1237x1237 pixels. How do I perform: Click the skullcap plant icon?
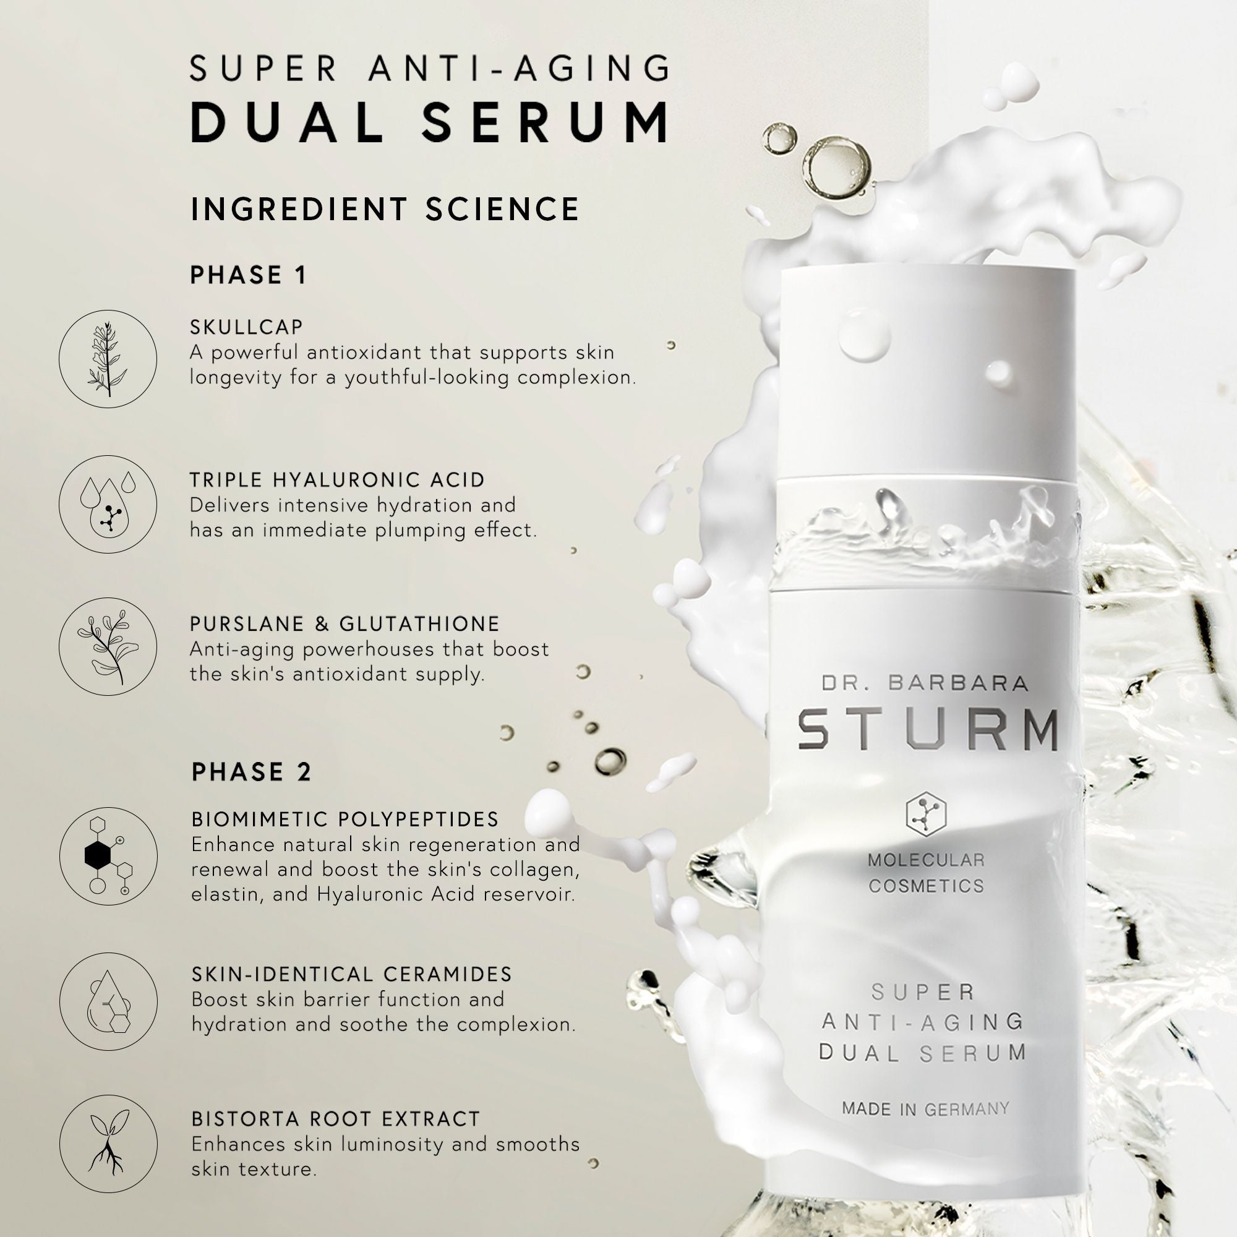[x=108, y=359]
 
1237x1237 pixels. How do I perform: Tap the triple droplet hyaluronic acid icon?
[x=108, y=504]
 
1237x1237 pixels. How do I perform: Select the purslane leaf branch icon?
[x=108, y=646]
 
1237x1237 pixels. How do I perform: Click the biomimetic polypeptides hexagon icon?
[x=108, y=855]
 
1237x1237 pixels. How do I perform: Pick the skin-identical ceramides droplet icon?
[x=108, y=1001]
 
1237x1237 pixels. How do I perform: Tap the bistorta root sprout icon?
[x=108, y=1144]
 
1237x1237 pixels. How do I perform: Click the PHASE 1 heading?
[x=249, y=275]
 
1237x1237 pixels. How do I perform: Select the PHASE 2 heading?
[x=251, y=772]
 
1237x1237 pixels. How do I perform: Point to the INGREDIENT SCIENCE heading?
[x=385, y=210]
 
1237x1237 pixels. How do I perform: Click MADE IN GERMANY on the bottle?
[x=925, y=1108]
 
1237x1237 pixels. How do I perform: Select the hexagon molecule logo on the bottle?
[x=926, y=815]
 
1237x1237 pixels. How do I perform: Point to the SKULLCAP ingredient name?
[x=247, y=327]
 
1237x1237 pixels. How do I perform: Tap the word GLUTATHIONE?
[x=419, y=623]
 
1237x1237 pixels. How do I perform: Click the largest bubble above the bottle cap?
[x=837, y=168]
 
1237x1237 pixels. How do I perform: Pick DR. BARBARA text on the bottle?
[x=925, y=683]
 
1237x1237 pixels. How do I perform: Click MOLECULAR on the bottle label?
[x=926, y=860]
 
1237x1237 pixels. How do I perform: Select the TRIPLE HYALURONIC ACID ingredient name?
[x=338, y=479]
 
